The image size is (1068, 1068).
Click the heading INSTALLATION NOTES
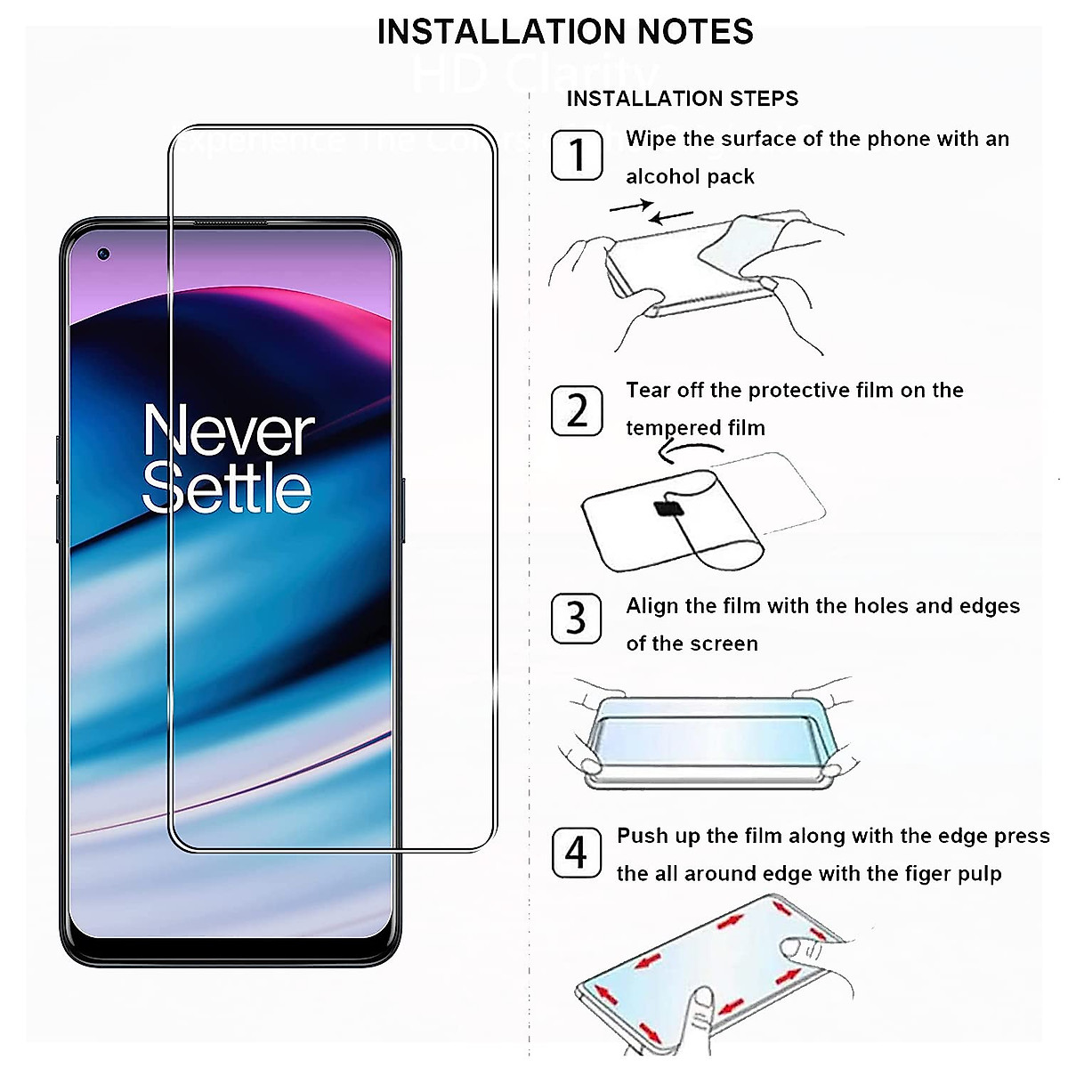click(x=565, y=32)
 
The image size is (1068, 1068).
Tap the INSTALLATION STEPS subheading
click(x=683, y=98)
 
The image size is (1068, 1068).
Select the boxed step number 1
click(x=577, y=155)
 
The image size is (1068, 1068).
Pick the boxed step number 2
click(x=577, y=410)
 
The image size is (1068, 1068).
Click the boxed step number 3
click(x=577, y=619)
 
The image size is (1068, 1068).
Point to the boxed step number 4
click(x=577, y=852)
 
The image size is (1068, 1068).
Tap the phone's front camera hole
click(x=104, y=255)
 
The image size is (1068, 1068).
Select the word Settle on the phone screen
click(x=227, y=489)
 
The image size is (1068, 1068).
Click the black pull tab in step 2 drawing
click(x=668, y=509)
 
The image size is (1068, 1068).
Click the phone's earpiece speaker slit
click(x=231, y=222)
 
